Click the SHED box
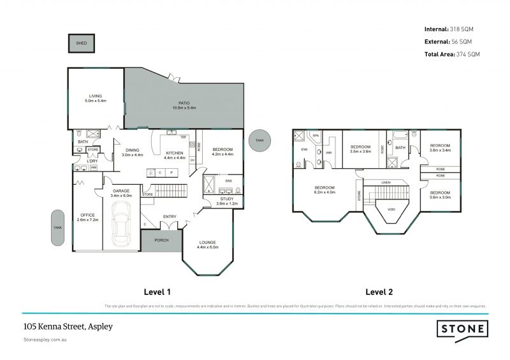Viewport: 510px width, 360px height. pos(82,43)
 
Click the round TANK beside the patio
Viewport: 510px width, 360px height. pos(259,140)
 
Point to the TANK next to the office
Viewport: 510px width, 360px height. pos(58,227)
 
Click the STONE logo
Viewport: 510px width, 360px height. pos(463,329)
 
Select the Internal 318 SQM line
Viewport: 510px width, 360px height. pos(449,29)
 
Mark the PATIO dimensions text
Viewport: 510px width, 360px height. pos(184,108)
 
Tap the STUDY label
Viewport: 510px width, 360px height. pos(225,199)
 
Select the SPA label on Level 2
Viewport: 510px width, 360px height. pos(316,136)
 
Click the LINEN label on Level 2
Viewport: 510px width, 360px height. pos(386,183)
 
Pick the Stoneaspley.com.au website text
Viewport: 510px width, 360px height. pos(45,340)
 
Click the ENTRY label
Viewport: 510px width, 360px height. pos(170,217)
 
